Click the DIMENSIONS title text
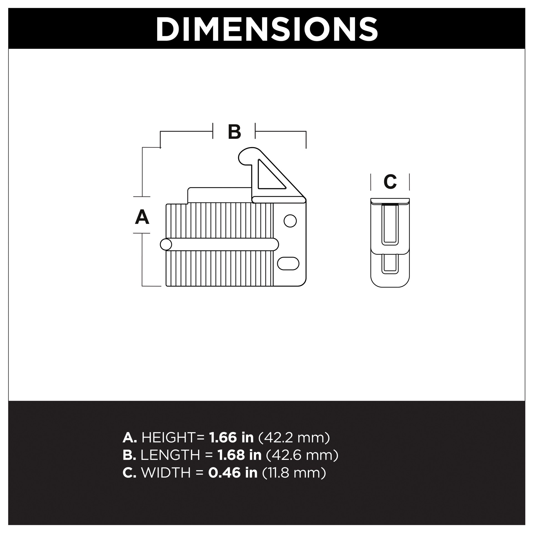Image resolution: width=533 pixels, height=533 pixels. pyautogui.click(x=266, y=29)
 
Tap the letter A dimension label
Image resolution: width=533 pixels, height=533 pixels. pyautogui.click(x=142, y=217)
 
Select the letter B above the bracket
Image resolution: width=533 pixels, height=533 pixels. pyautogui.click(x=234, y=132)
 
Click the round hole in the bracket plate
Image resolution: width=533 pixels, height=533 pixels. pyautogui.click(x=290, y=221)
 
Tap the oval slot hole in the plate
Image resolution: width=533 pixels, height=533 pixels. pyautogui.click(x=288, y=263)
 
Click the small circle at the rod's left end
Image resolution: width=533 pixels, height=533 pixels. pyautogui.click(x=166, y=245)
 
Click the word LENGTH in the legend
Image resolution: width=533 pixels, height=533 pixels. pyautogui.click(x=170, y=455)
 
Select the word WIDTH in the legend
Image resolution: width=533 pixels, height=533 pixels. pyautogui.click(x=166, y=472)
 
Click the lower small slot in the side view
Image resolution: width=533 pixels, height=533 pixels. pyautogui.click(x=390, y=263)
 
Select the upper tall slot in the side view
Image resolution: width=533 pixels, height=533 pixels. pyautogui.click(x=390, y=224)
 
